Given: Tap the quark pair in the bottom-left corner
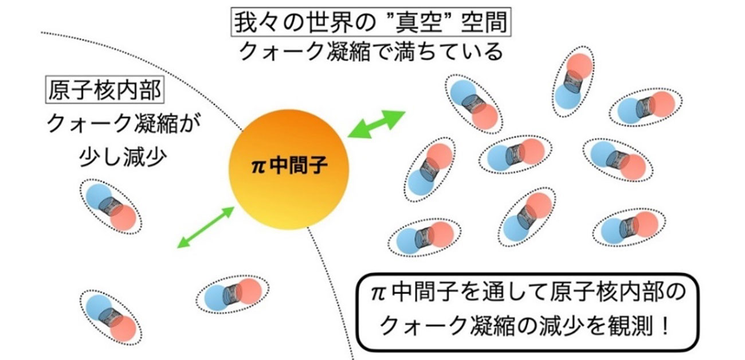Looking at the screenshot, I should [x=109, y=315].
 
